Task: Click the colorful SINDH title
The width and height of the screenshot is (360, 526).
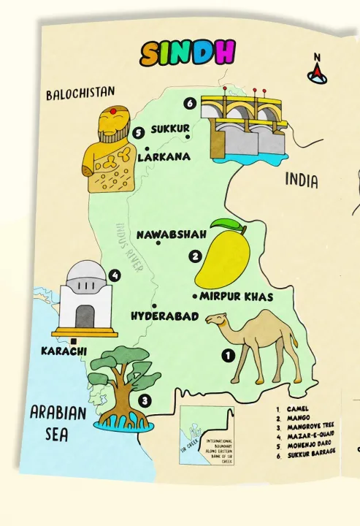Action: pos(188,53)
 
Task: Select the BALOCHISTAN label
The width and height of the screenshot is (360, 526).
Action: pos(80,94)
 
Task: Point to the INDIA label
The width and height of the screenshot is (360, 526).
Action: pos(302,180)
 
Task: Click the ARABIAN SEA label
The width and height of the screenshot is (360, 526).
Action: pos(58,423)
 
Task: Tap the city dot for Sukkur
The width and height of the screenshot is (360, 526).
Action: pos(188,137)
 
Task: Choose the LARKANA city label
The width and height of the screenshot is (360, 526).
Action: pos(164,156)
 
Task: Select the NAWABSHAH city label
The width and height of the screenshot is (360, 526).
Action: pos(172,235)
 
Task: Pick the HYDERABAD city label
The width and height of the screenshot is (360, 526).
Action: pos(164,316)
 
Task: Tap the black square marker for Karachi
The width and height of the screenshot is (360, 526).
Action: pos(74,340)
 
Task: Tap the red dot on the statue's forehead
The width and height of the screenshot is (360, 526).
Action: pos(113,110)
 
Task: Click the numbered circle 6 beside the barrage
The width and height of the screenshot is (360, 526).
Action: pos(190,104)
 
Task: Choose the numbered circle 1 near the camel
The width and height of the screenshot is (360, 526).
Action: pos(227,356)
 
